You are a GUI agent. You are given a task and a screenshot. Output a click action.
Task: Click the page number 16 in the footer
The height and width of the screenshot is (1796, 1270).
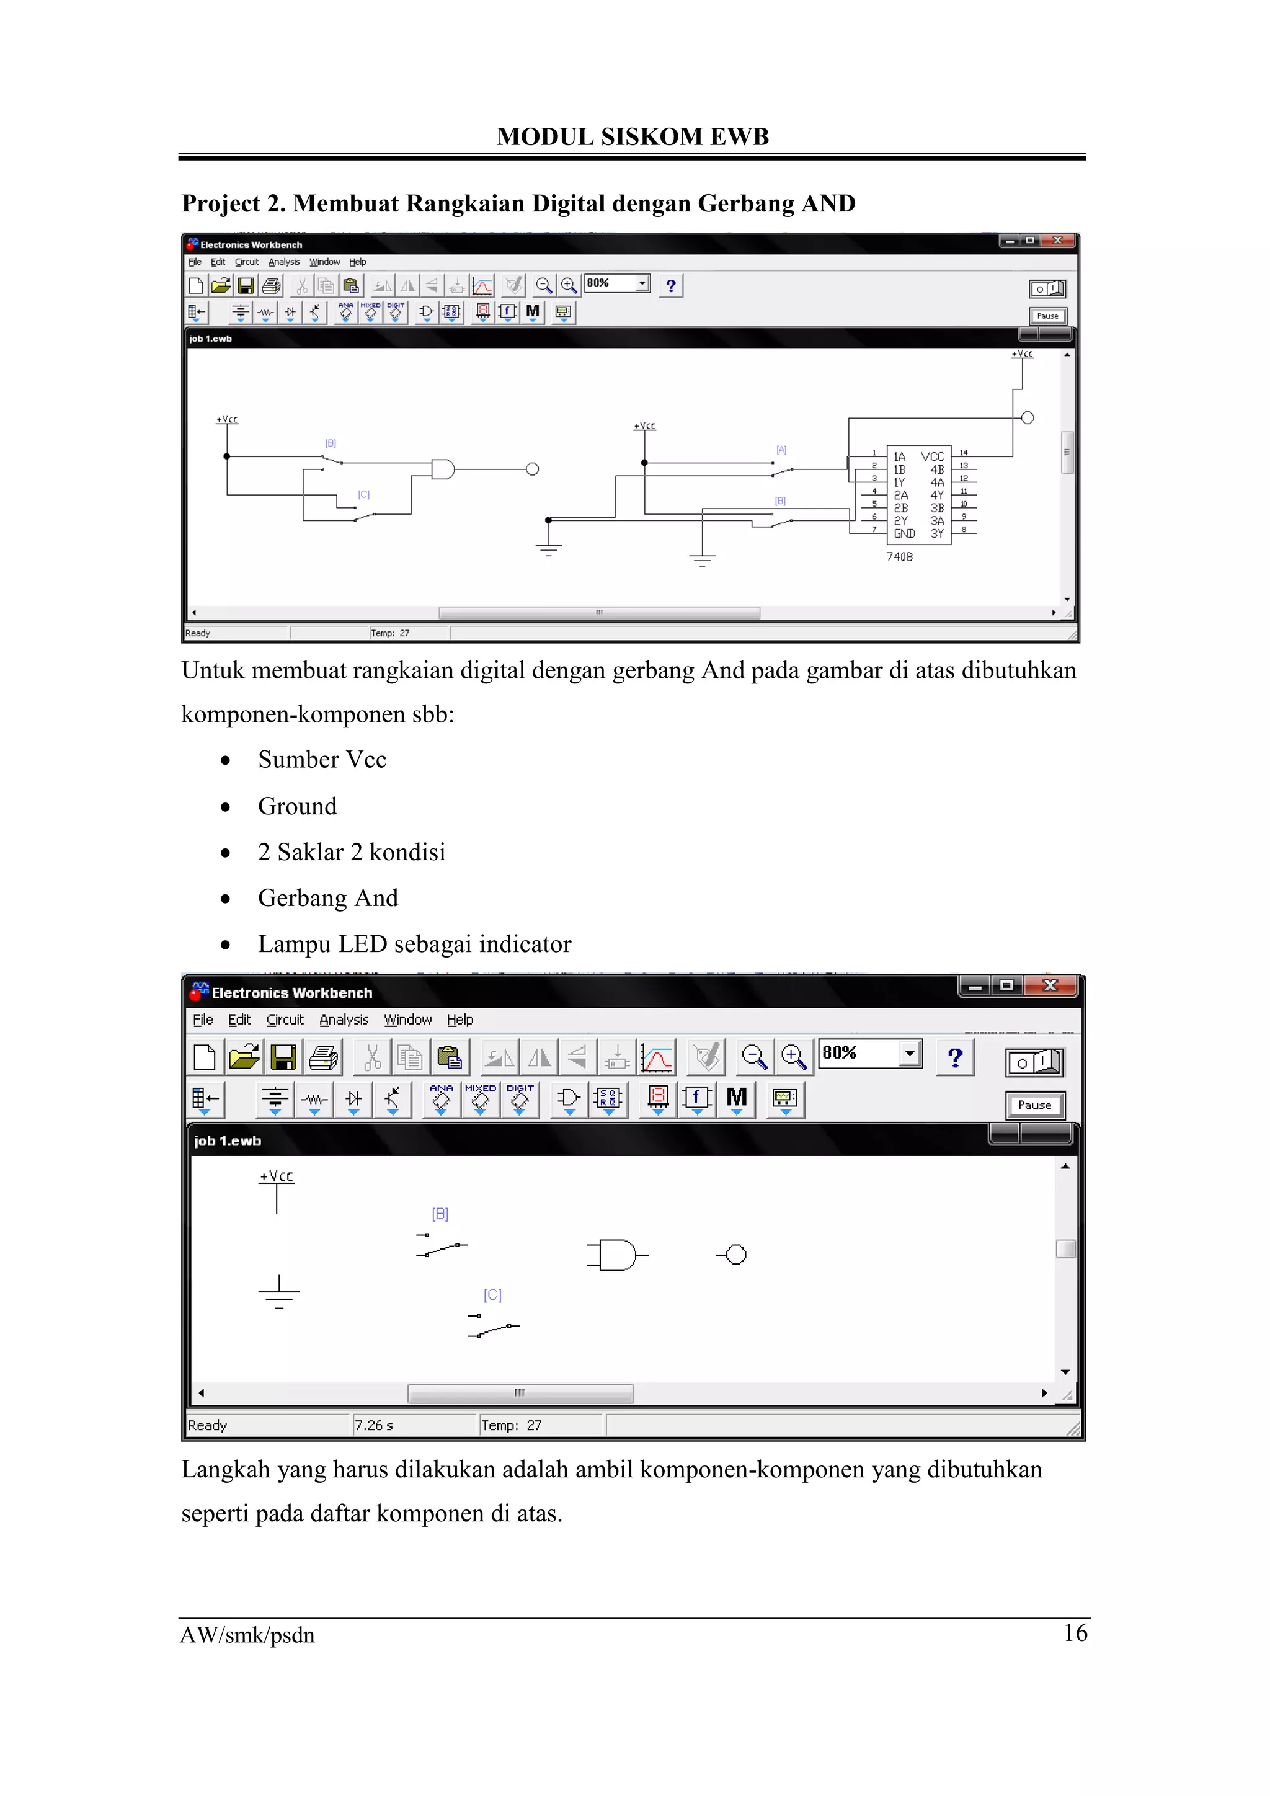tap(1075, 1632)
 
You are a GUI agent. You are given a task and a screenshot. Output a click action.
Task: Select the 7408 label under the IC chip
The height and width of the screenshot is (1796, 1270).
tap(899, 557)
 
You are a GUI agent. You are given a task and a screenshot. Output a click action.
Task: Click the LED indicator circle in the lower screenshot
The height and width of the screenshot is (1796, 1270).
tap(735, 1255)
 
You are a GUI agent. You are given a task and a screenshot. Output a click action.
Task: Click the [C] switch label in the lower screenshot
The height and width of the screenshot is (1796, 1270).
tap(492, 1296)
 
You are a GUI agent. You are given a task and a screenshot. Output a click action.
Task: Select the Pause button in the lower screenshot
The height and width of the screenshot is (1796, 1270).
tap(1034, 1105)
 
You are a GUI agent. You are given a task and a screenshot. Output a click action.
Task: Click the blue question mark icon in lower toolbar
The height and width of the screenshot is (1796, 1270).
tap(954, 1057)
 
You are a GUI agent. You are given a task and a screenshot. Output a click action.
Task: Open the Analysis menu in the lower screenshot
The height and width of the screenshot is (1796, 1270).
tap(344, 1020)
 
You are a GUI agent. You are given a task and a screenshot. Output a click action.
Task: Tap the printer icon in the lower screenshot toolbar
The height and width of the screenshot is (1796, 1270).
tap(323, 1057)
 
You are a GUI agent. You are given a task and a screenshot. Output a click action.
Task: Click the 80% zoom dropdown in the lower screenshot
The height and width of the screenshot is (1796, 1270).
tap(869, 1053)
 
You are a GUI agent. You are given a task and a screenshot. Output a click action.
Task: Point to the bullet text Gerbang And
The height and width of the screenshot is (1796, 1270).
tap(327, 898)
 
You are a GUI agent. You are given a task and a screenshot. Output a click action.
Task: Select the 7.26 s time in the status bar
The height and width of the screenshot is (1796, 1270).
tap(374, 1425)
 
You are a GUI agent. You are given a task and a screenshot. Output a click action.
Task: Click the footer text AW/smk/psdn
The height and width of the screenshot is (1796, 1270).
tap(247, 1635)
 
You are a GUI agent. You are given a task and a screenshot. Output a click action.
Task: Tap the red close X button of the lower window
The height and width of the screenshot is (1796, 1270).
tap(1050, 985)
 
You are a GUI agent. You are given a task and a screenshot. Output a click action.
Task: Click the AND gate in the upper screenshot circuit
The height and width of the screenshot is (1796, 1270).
tap(443, 469)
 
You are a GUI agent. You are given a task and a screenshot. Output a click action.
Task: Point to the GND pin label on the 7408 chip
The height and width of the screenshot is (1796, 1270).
tap(904, 533)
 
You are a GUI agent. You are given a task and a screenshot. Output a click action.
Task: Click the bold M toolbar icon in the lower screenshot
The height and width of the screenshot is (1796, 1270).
tap(736, 1098)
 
